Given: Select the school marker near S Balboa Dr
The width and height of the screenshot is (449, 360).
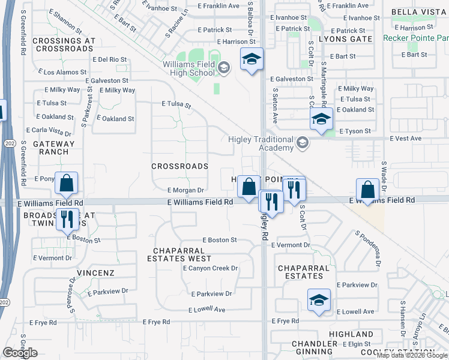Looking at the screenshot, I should pos(252,60).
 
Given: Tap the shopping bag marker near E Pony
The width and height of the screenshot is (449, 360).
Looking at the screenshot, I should pos(67,184).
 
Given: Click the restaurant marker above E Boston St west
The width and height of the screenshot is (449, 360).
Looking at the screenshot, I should pos(67,219).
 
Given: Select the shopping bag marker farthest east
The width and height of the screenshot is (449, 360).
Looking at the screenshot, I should pos(367,190).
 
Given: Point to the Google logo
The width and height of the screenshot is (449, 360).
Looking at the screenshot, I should pos(20,353).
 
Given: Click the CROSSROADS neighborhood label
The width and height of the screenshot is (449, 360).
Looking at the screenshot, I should pos(179,166).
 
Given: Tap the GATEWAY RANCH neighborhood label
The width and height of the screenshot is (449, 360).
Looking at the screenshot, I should pos(54,148).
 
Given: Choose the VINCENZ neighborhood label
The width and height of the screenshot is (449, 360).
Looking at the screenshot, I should pos(95,273).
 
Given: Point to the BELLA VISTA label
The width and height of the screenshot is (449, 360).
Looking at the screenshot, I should pos(418,12).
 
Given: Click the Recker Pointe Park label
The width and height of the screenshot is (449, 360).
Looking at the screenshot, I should pos(416,38).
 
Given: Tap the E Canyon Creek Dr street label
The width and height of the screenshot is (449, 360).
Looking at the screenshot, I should pos(210,268).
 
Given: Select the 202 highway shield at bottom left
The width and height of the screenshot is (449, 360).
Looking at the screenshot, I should pos(5,302).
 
